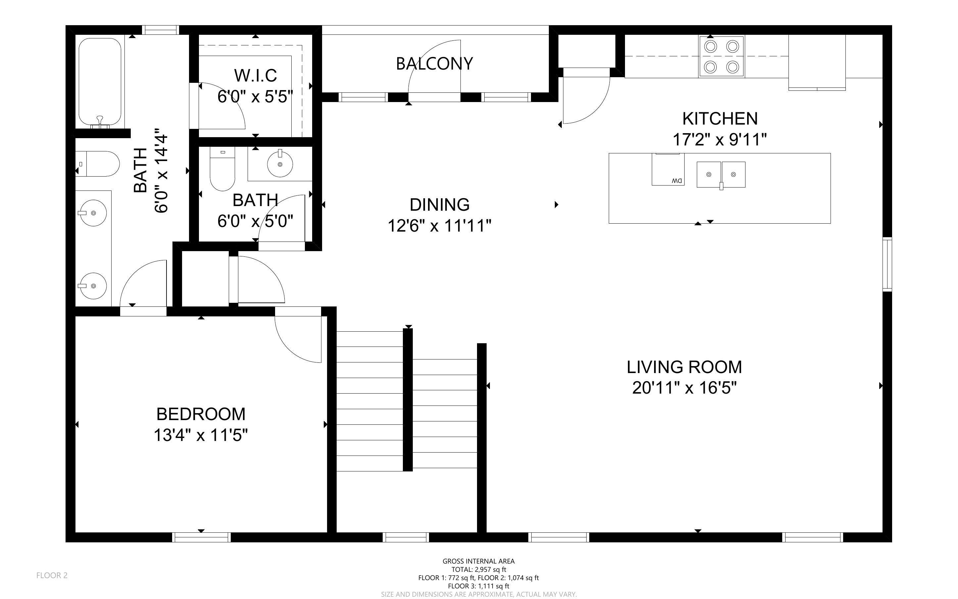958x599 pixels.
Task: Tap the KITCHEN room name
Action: tap(720, 119)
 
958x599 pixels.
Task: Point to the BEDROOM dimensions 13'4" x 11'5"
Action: tap(201, 435)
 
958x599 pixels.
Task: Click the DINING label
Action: tap(439, 205)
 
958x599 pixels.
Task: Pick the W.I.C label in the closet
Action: tap(255, 75)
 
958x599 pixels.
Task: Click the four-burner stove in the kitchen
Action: tap(721, 56)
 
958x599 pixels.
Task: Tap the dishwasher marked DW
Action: tap(668, 169)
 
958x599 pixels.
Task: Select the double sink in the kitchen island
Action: tap(721, 175)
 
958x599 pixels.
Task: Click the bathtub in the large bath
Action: tap(100, 82)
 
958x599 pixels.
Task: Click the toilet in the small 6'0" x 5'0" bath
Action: tap(222, 169)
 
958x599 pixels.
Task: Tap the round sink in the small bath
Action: tap(280, 164)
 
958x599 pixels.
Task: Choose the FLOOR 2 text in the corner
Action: tap(52, 575)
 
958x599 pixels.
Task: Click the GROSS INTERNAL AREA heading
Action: tap(478, 561)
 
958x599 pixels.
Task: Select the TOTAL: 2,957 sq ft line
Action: tap(478, 569)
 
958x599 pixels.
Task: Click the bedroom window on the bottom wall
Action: tap(201, 537)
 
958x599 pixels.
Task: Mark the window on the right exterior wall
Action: tap(887, 264)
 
